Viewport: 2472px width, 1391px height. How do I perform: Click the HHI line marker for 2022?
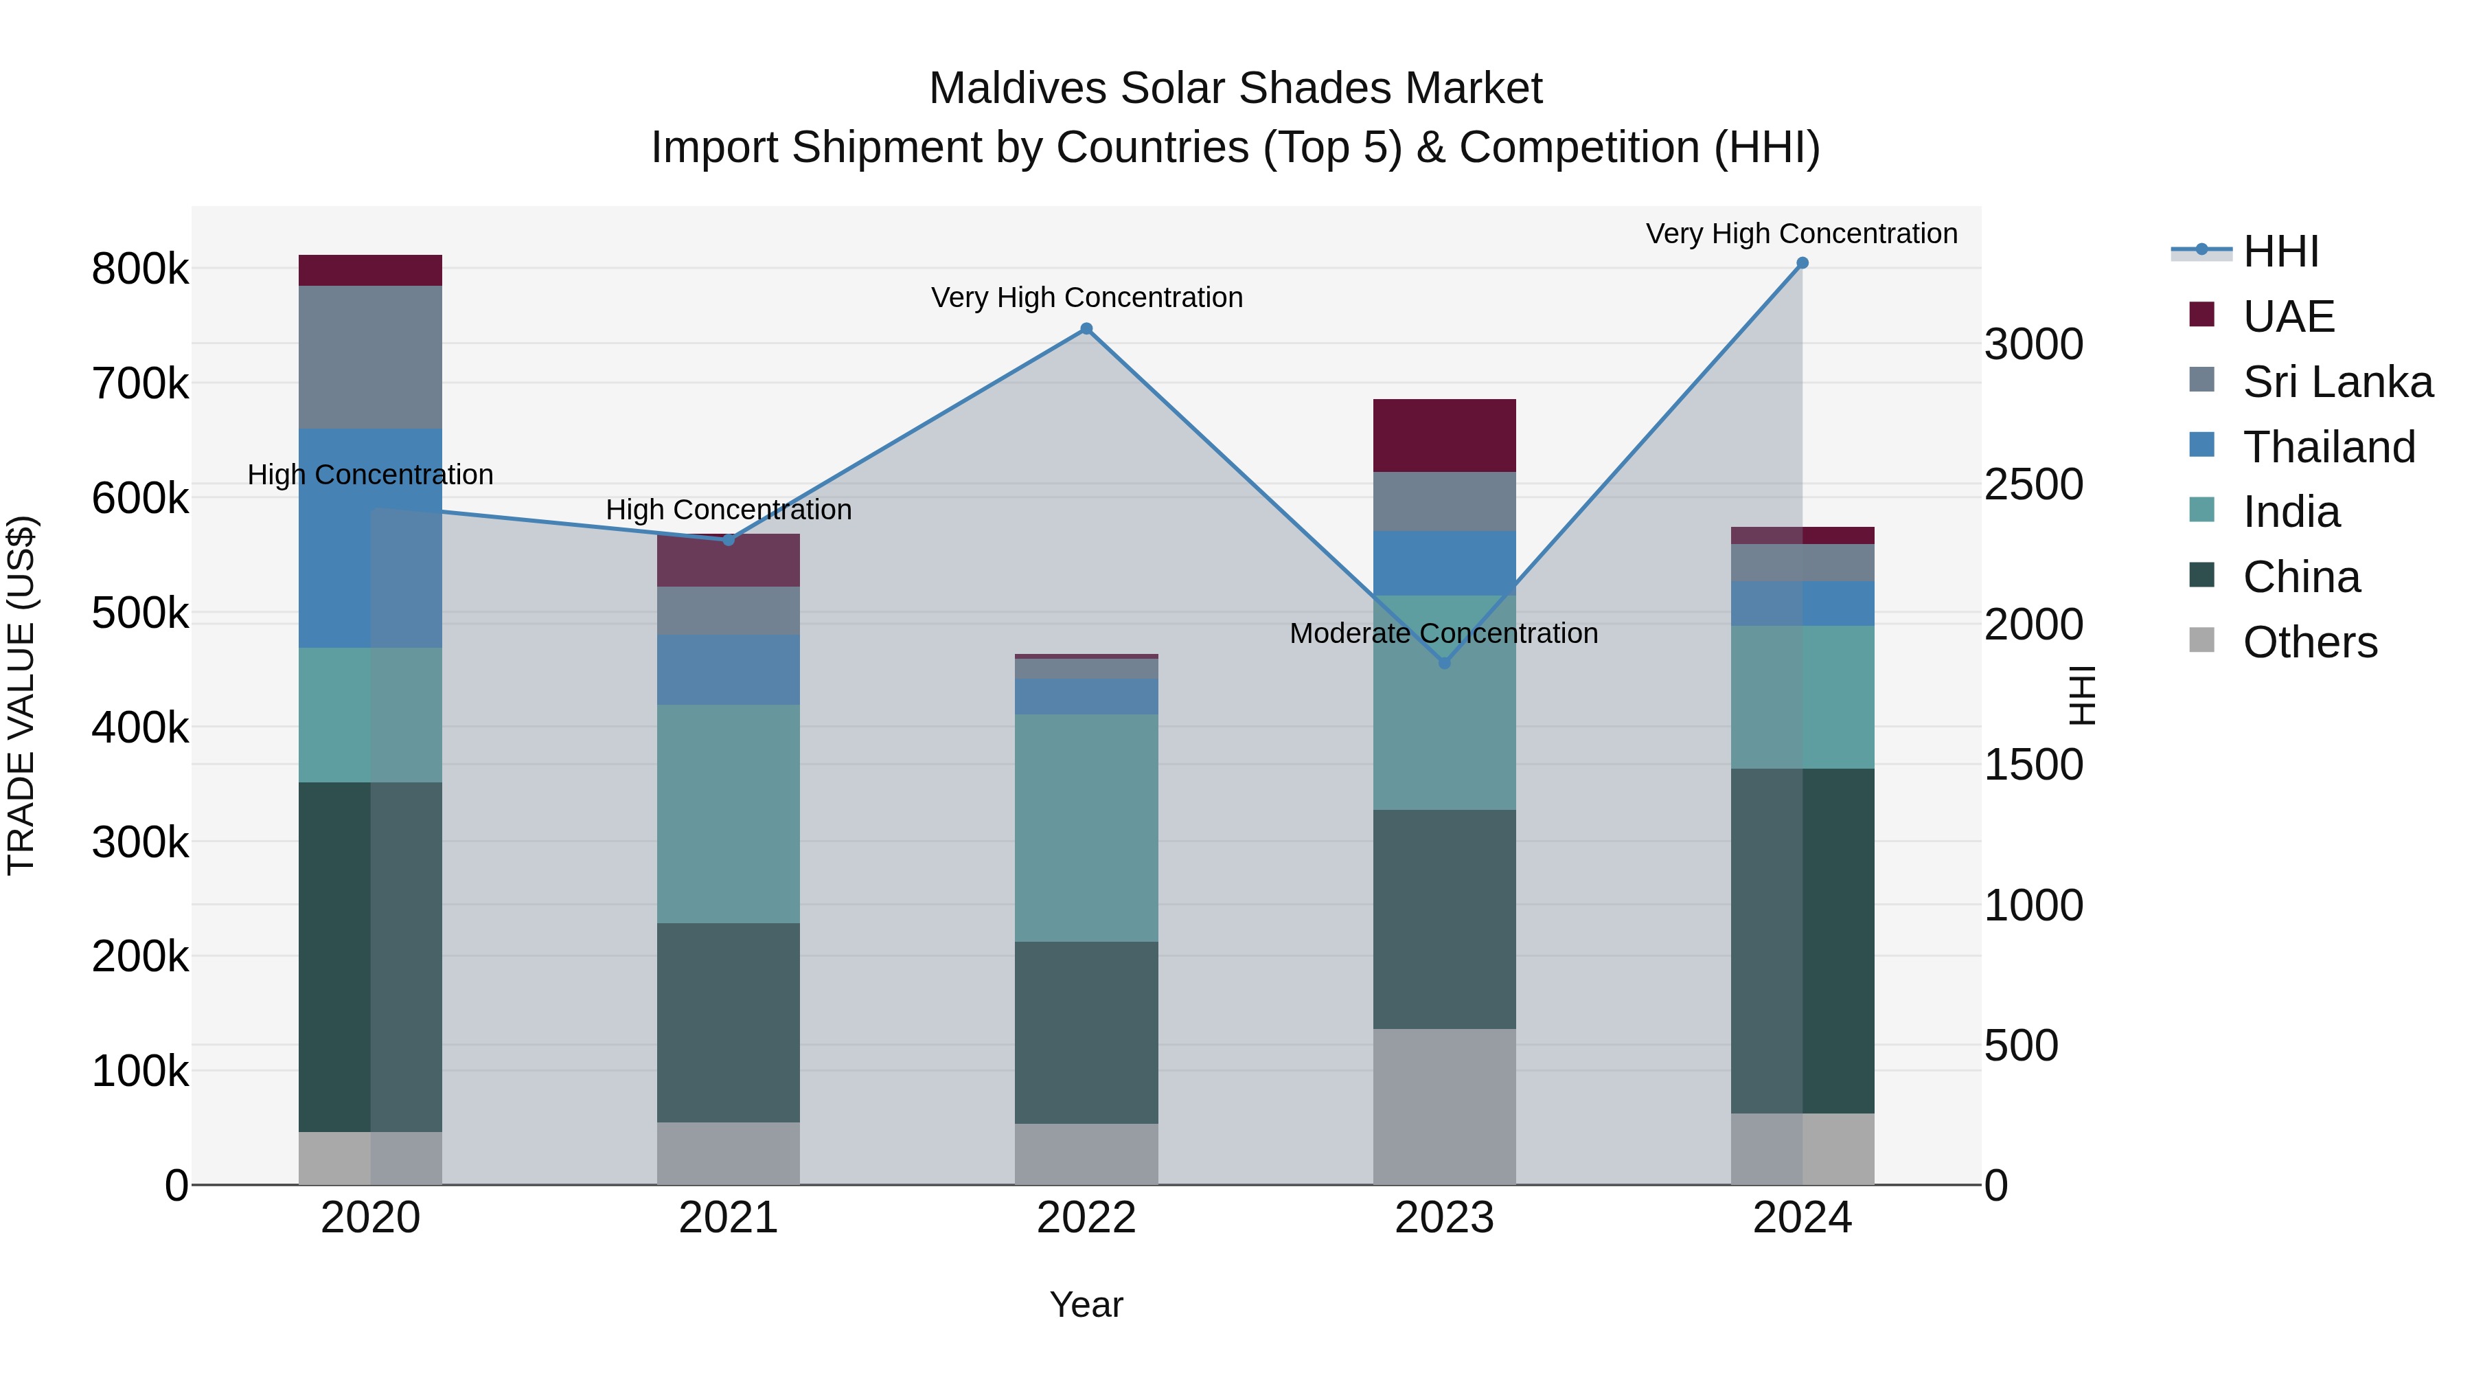[x=1086, y=328]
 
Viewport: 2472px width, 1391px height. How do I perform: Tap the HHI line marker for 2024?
[x=1802, y=263]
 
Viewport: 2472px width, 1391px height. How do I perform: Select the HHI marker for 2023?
[x=1444, y=662]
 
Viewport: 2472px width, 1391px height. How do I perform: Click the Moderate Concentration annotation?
[x=1443, y=633]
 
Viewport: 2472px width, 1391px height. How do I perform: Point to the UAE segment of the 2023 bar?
[x=1444, y=435]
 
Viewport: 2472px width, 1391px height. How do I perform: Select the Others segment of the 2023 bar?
[x=1444, y=1106]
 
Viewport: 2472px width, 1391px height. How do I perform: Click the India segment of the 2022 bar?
[x=1086, y=828]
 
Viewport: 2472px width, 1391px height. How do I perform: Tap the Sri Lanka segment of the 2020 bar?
[x=370, y=357]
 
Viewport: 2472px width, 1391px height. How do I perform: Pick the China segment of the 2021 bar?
[x=729, y=1022]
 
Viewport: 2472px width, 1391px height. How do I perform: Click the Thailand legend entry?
[x=2328, y=447]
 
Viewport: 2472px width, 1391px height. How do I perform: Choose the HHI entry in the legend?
[x=2280, y=251]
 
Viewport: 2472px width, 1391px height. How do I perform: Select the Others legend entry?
[x=2309, y=642]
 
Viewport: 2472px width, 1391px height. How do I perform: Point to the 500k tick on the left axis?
[x=140, y=613]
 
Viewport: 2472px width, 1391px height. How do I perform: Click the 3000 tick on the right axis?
[x=2033, y=345]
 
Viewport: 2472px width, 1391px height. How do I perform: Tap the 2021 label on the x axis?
[x=729, y=1218]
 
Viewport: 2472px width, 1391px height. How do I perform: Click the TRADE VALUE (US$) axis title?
[x=21, y=695]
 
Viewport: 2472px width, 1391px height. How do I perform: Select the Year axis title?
[x=1086, y=1304]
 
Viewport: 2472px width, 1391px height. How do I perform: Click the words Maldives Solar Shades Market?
[x=1235, y=89]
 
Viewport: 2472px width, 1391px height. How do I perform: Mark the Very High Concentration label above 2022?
[x=1086, y=297]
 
